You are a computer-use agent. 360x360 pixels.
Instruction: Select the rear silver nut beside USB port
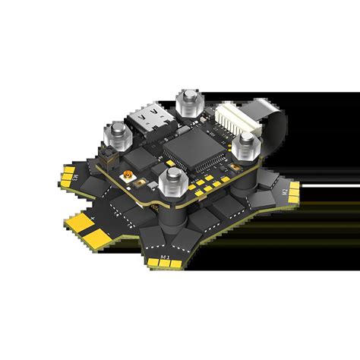pos(186,103)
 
